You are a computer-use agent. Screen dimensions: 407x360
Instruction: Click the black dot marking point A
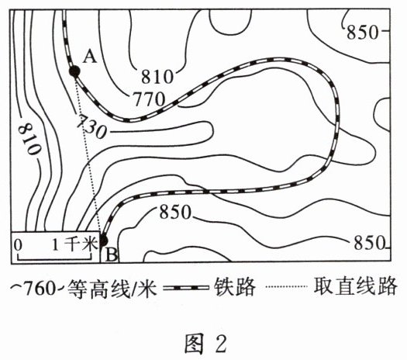click(74, 71)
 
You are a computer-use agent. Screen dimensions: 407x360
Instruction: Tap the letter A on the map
click(90, 57)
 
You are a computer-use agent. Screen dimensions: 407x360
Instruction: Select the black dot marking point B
click(103, 241)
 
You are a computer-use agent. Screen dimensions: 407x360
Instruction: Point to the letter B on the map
click(112, 255)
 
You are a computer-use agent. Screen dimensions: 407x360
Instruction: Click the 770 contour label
click(150, 99)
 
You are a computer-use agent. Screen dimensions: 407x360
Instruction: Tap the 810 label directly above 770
click(157, 77)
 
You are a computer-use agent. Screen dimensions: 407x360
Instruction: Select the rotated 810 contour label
click(29, 139)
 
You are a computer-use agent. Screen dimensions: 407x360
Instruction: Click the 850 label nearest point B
click(175, 213)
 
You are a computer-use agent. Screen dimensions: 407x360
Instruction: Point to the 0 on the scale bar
click(18, 245)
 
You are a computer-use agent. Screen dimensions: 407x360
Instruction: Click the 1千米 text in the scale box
click(74, 244)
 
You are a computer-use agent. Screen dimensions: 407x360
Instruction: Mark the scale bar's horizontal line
click(54, 258)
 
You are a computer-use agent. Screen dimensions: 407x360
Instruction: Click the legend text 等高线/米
click(112, 289)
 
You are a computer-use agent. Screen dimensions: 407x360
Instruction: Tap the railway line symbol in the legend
click(186, 288)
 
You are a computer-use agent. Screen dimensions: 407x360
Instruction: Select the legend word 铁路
click(235, 287)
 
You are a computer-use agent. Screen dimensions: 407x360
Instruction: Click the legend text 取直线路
click(355, 286)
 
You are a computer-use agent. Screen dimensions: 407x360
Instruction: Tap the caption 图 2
click(205, 343)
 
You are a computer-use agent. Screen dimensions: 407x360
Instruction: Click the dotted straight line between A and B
click(88, 156)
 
